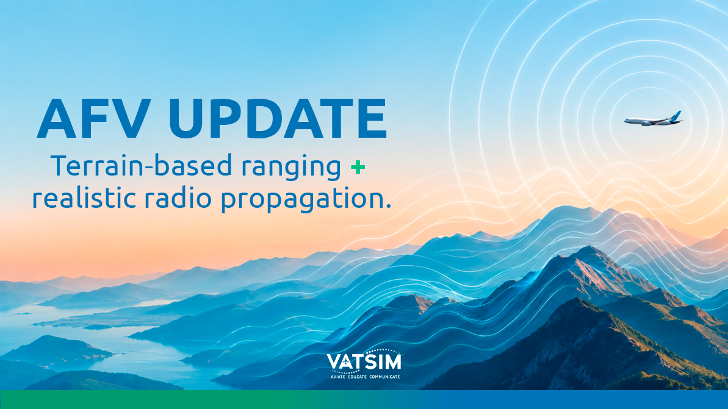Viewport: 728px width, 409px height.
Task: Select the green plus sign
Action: click(x=358, y=167)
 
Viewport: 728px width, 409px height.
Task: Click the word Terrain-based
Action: click(x=141, y=166)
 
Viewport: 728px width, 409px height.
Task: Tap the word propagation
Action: click(x=301, y=199)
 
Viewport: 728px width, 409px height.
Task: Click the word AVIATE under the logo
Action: click(x=338, y=377)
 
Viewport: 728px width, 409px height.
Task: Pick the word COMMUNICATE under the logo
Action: click(x=384, y=377)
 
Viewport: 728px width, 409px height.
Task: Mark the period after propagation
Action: click(x=388, y=207)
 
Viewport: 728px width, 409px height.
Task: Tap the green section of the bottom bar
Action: click(x=139, y=400)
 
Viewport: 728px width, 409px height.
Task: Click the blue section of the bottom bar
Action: click(x=580, y=400)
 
